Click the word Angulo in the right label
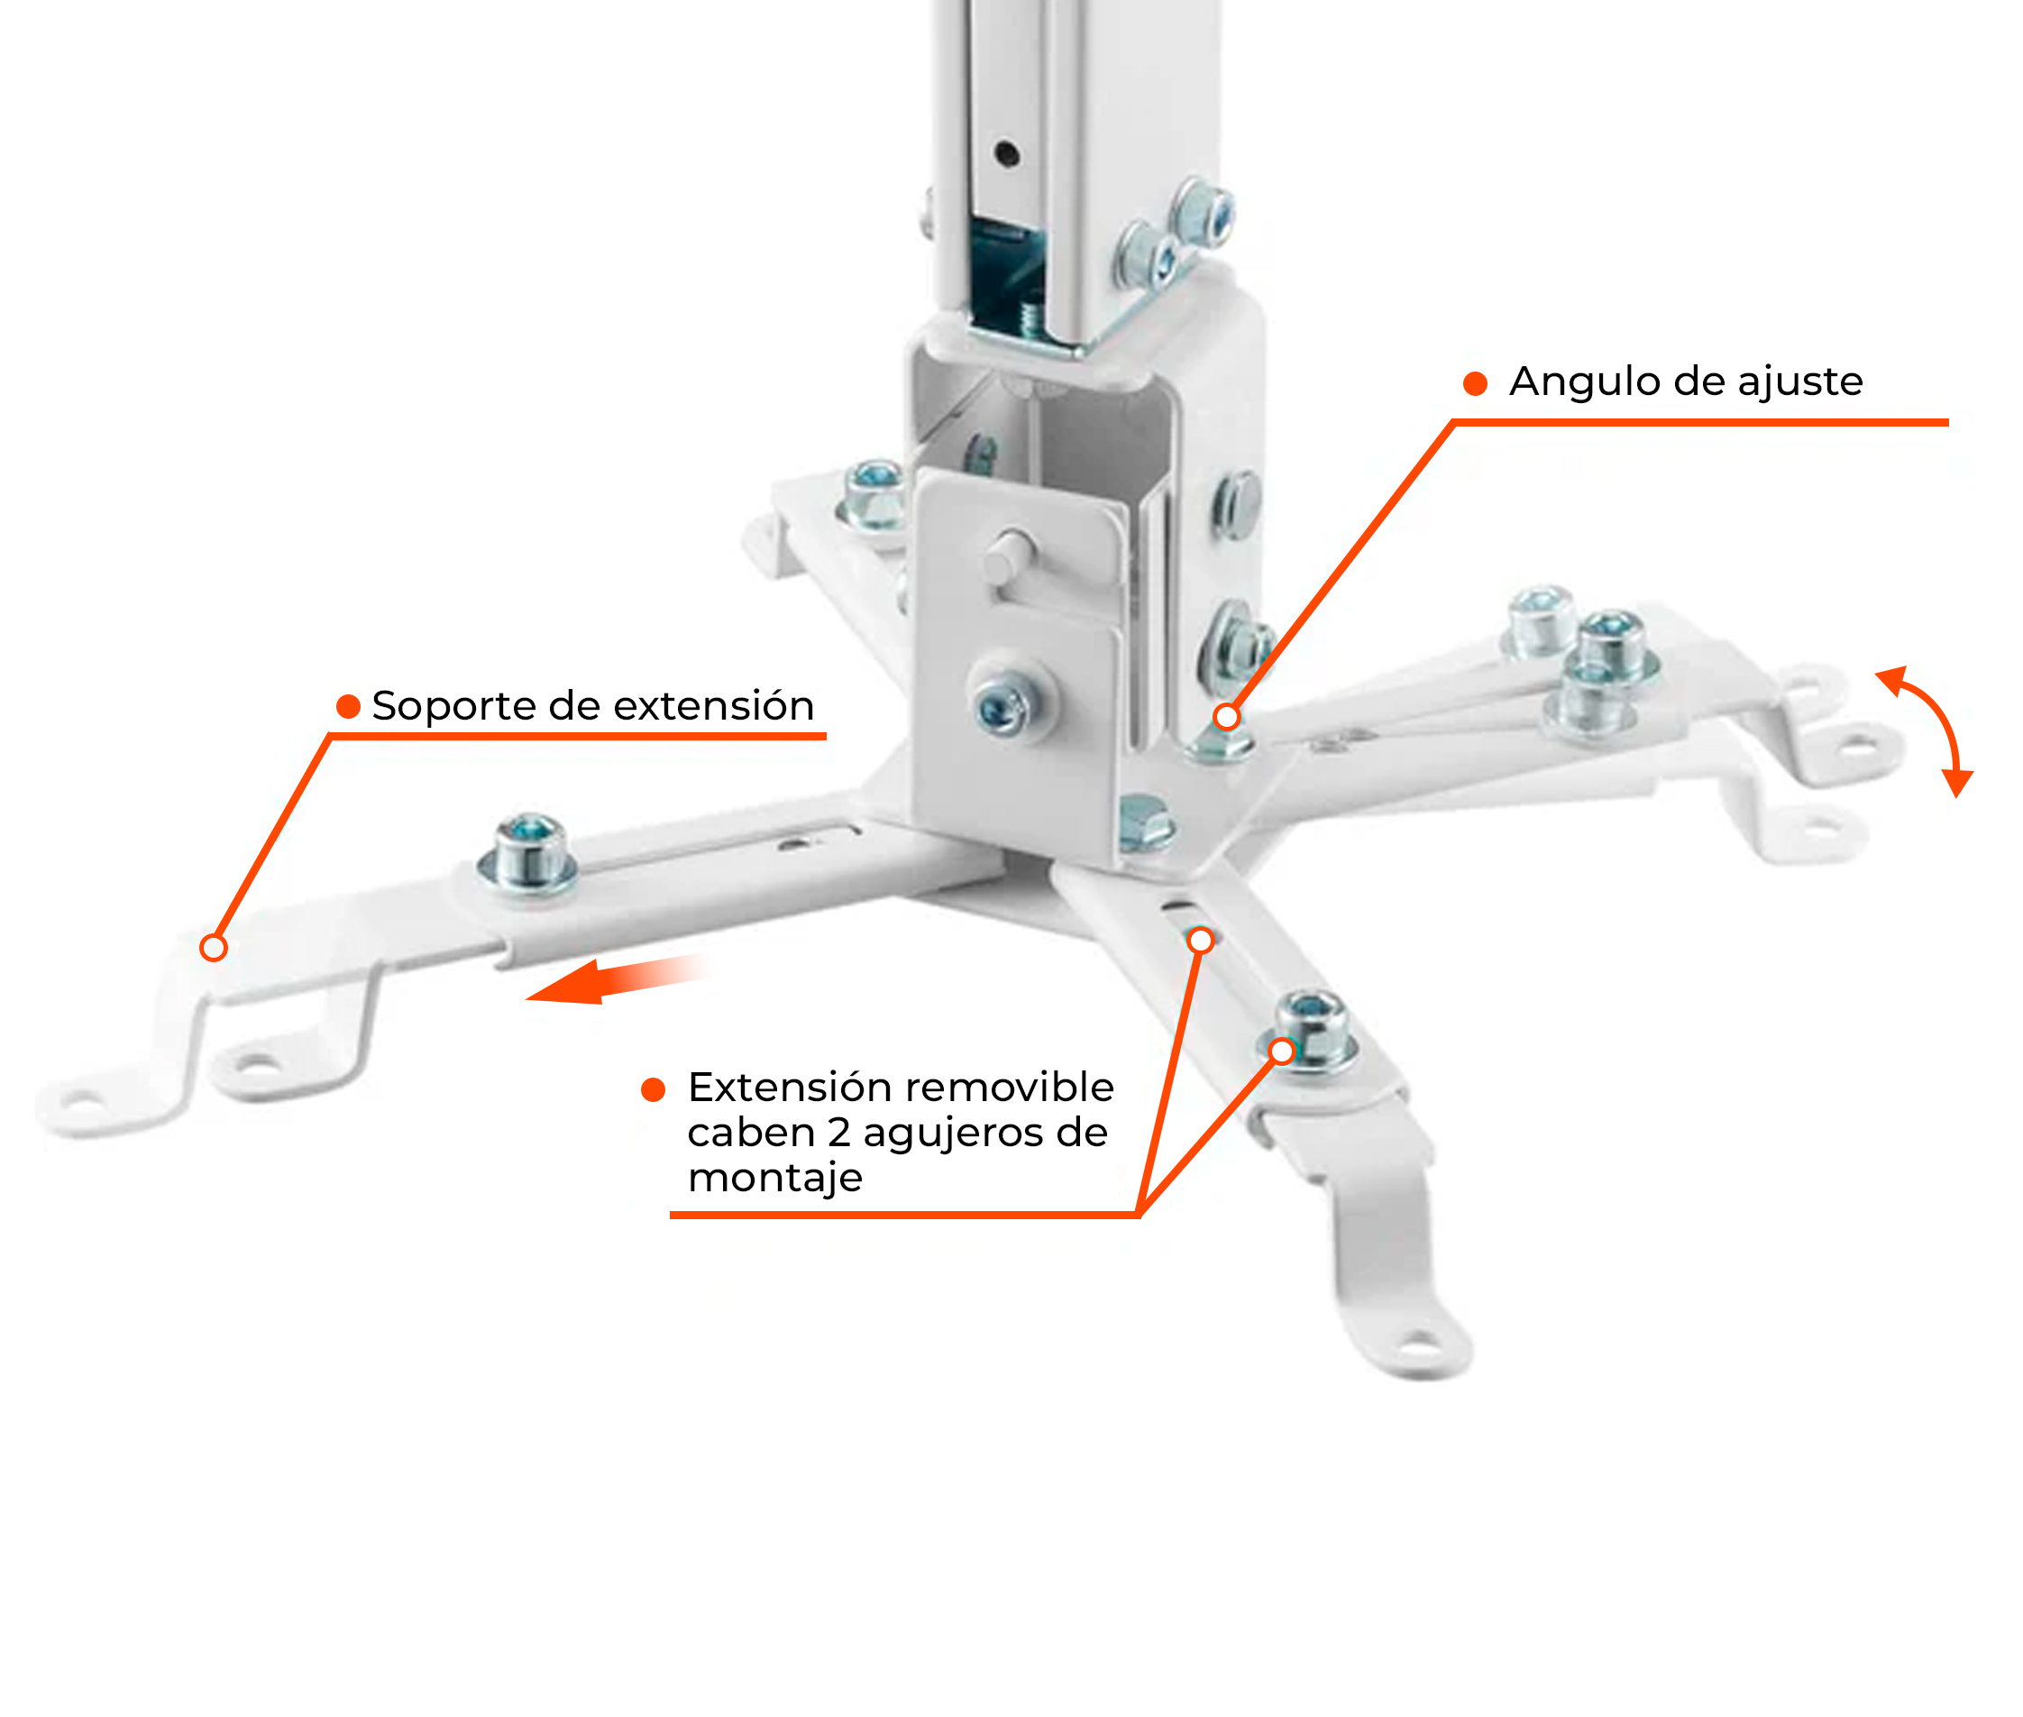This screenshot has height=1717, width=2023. click(1568, 381)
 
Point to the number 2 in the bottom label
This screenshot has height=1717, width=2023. click(838, 1133)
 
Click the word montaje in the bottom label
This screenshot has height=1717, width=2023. click(774, 1179)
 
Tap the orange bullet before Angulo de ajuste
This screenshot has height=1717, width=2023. click(1475, 383)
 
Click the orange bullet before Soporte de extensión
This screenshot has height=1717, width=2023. click(347, 707)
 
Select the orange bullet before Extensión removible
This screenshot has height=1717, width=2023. click(653, 1089)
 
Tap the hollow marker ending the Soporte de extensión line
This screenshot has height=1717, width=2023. click(213, 947)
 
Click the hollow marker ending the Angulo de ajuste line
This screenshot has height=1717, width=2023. click(1227, 717)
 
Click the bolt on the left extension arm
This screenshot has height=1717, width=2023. click(529, 853)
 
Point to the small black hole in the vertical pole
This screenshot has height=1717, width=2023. click(1006, 152)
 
